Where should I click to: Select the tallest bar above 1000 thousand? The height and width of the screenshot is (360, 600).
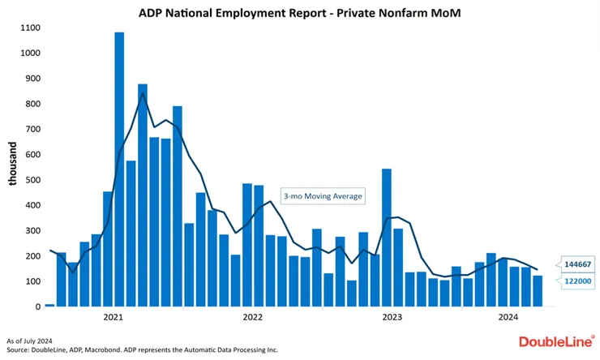119,169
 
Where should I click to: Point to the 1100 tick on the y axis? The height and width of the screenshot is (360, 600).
30,28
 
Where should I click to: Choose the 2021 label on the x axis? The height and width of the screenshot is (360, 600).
113,317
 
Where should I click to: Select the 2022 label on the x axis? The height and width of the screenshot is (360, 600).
253,317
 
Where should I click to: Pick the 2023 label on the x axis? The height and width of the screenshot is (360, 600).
392,317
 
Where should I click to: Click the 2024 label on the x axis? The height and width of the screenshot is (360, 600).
508,317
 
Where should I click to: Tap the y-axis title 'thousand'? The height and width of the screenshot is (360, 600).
13,165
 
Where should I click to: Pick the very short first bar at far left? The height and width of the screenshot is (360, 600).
49,305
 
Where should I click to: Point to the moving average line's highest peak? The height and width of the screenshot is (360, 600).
143,93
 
